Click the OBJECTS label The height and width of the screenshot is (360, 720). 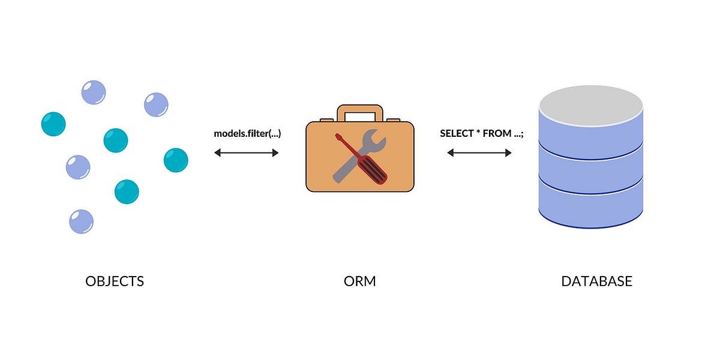coord(115,281)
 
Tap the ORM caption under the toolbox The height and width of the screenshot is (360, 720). coord(360,281)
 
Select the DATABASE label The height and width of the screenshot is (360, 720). coord(596,281)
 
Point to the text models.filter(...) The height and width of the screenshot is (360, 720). coord(247,133)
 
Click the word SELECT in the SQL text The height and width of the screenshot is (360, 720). coord(457,133)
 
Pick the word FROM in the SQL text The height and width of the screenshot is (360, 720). coord(497,133)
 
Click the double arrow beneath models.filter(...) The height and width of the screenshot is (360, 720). coord(247,153)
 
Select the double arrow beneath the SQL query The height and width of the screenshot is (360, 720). coord(479,153)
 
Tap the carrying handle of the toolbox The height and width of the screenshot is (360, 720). coord(360,110)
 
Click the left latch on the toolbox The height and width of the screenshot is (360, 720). coord(327,121)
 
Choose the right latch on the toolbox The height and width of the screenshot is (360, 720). coord(393,121)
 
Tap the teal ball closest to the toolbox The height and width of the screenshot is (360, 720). coord(176,160)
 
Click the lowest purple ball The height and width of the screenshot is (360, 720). coord(81,221)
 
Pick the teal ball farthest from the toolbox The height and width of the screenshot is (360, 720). coord(53,124)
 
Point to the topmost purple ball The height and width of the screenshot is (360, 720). coord(94,92)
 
